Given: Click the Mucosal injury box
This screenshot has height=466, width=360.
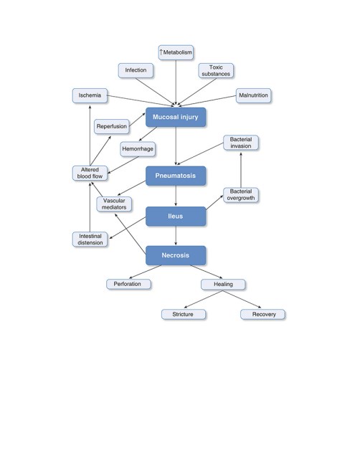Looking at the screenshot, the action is coord(176,117).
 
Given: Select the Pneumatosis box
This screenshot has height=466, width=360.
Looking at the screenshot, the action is coord(176,176).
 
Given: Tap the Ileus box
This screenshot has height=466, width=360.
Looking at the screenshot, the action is coord(176,216).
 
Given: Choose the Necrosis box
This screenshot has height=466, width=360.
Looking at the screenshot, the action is coord(176,255).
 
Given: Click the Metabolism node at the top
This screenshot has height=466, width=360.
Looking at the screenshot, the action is coord(176,52).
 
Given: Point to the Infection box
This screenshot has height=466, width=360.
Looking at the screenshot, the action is coord(136,70).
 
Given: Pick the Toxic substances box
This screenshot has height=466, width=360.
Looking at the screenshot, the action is coord(216,71).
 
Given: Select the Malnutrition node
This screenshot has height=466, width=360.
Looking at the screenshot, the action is coord(254,95).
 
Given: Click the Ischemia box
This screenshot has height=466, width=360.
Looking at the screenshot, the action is coord(90,95).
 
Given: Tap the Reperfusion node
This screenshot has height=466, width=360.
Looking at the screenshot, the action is coord(112,126).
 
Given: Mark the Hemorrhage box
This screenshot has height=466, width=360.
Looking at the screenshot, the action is coord(138,149).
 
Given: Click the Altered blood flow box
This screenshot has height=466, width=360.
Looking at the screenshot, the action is coord(90,173).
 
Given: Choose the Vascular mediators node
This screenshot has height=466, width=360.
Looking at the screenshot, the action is coord(114,204).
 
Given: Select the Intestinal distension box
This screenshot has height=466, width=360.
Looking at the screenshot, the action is coord(90,239).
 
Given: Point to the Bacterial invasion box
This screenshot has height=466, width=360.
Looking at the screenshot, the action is coord(241,143).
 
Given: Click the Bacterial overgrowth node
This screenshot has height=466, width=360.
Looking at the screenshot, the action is coord(241,195).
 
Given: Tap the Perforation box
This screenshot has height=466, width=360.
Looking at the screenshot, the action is coord(128,284).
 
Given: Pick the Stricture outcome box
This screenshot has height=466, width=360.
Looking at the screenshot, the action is coord(184,314).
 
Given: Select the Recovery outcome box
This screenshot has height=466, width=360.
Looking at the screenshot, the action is coord(262,314).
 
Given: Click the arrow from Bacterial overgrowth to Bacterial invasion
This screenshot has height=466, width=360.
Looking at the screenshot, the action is coord(241,170).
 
